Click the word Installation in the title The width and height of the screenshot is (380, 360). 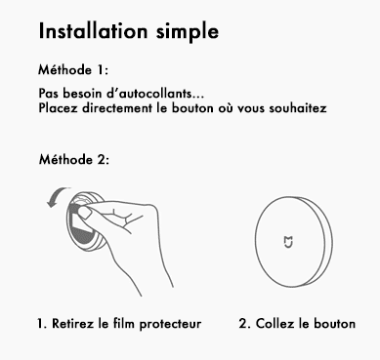point(93,31)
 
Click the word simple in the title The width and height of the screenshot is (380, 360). point(188,33)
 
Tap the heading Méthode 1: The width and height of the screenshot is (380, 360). point(73,70)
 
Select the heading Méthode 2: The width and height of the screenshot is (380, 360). point(74,159)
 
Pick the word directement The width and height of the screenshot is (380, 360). point(117,108)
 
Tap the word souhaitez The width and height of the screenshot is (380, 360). point(298,108)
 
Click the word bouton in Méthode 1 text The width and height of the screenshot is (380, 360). point(192,108)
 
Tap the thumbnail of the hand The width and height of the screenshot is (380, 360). point(86,213)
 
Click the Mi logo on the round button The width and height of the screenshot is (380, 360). point(288,242)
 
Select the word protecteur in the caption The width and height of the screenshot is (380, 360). point(170,324)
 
